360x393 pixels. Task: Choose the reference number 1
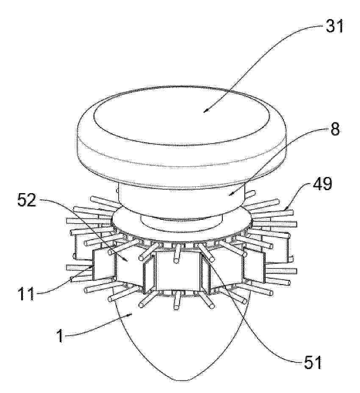(x=60, y=335)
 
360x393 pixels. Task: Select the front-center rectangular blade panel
(x=178, y=272)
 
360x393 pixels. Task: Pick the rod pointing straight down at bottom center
(x=177, y=300)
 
